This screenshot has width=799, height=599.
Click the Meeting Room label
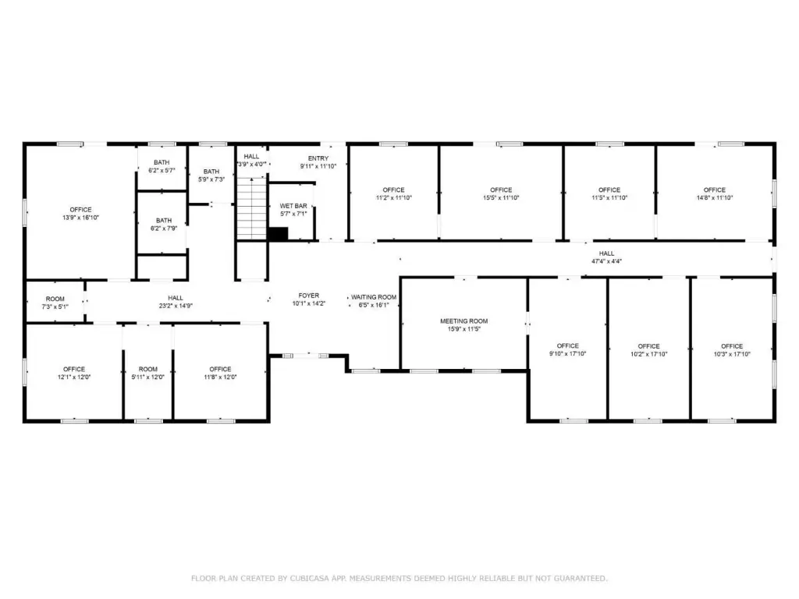(463, 321)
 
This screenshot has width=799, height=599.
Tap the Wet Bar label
(293, 206)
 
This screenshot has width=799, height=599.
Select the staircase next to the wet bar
(252, 208)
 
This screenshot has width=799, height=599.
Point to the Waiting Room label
(374, 297)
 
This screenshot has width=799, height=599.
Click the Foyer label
(309, 296)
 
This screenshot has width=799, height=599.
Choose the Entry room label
(318, 158)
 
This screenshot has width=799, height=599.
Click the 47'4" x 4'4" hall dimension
(606, 261)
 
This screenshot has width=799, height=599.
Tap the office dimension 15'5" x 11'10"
(501, 197)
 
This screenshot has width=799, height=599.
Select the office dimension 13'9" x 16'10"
(80, 218)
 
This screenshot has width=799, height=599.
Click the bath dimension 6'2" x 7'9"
(164, 229)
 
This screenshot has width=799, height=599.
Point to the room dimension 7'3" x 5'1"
(55, 307)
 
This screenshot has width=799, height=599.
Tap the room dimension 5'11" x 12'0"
(147, 377)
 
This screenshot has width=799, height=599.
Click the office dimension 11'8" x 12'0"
(220, 377)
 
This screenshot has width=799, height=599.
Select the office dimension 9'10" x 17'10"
(568, 353)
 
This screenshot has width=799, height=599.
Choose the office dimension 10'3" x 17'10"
(732, 354)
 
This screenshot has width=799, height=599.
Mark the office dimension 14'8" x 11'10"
(715, 197)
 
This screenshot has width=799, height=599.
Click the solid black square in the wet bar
(278, 234)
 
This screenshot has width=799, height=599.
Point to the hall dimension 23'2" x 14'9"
(176, 306)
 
